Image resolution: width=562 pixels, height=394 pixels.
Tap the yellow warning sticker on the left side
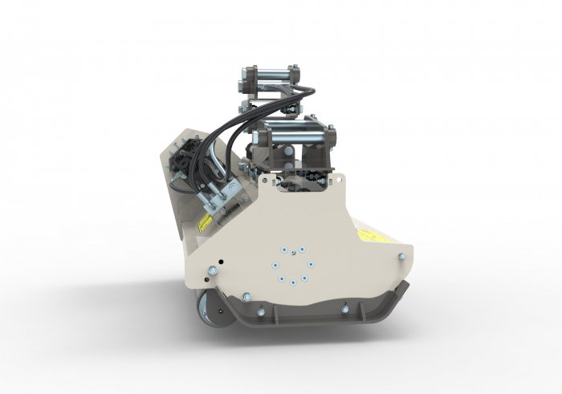pyautogui.click(x=206, y=222)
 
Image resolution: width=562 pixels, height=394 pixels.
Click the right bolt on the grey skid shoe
pyautogui.click(x=344, y=309)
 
